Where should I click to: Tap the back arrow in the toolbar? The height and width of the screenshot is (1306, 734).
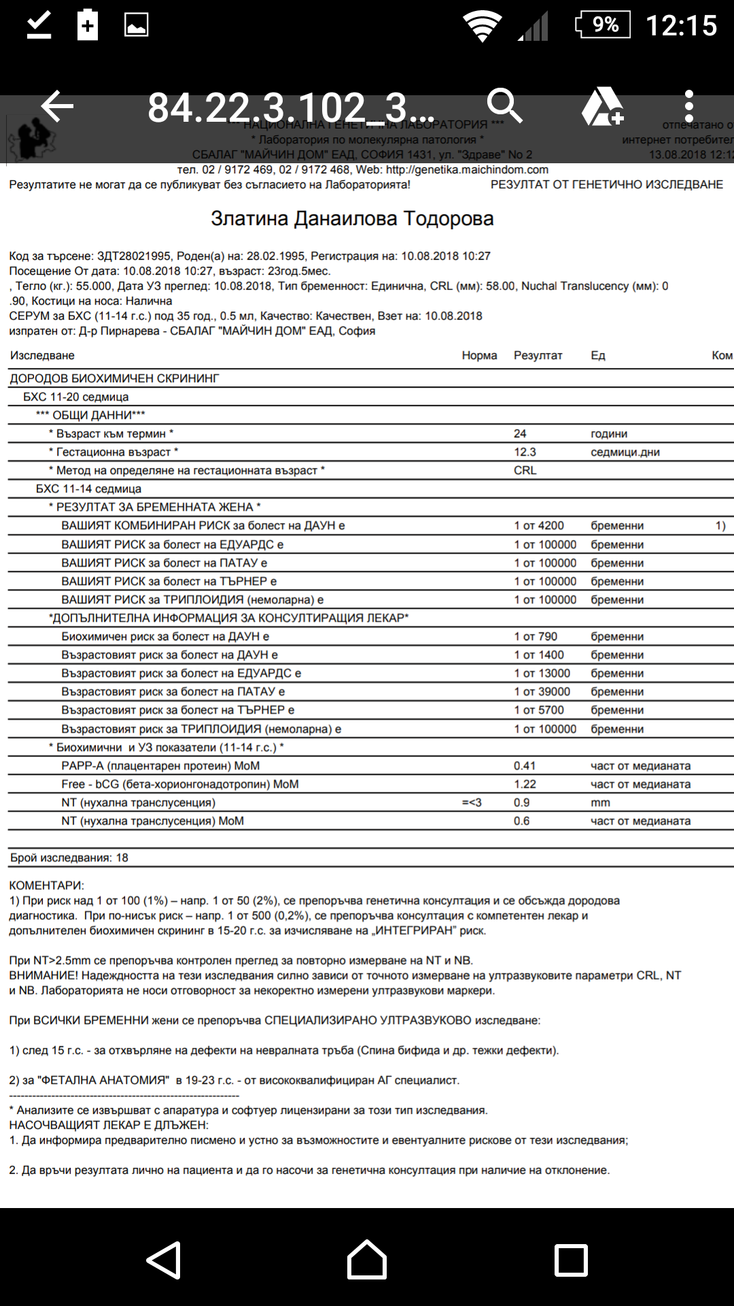pos(57,107)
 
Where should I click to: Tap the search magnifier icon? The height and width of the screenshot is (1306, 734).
pos(504,106)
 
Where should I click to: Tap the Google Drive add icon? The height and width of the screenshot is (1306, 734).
pos(602,107)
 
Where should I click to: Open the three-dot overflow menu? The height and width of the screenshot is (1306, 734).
pos(689,107)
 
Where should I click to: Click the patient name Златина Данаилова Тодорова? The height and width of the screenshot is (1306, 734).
pos(352,219)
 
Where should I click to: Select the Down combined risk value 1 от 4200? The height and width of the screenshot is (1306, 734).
pos(539,526)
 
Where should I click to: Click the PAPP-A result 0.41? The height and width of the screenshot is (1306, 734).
pos(525,766)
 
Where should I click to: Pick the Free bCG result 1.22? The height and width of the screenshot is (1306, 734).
pos(525,784)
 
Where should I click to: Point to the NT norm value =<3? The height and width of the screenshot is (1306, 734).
pos(472,803)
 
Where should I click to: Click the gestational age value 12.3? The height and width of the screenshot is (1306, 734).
pos(525,452)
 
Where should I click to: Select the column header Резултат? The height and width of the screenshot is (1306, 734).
pos(538,356)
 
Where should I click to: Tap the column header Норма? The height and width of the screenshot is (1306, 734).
pos(479,356)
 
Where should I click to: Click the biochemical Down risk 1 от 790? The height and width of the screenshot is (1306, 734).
pos(536,637)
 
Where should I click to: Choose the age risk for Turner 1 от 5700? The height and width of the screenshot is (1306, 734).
pos(539,710)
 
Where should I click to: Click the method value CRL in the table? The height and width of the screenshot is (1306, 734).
pos(525,471)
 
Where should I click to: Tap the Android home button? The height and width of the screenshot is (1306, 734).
pos(367,1260)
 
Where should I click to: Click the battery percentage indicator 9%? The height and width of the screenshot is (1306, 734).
pos(604,25)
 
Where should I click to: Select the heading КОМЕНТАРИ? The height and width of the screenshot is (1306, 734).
pos(46,886)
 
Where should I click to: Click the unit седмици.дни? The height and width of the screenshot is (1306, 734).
pos(625,452)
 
